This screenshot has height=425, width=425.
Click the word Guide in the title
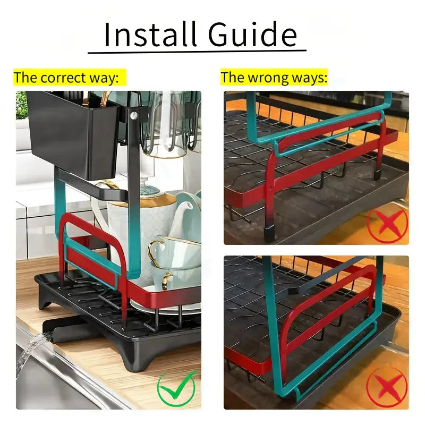pyautogui.click(x=252, y=35)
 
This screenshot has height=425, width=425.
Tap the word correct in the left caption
pyautogui.click(x=63, y=78)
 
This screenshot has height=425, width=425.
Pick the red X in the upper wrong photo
pyautogui.click(x=387, y=222)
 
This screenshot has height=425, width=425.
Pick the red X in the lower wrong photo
pyautogui.click(x=387, y=387)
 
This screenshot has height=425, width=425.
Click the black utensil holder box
pyautogui.click(x=73, y=134)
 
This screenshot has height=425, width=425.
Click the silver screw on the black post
pyautogui.click(x=133, y=116)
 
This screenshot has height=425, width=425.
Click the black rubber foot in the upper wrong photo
pyautogui.click(x=269, y=234)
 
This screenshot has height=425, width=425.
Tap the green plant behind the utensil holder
pyautogui.click(x=21, y=105)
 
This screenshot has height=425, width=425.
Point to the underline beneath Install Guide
pyautogui.click(x=197, y=51)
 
